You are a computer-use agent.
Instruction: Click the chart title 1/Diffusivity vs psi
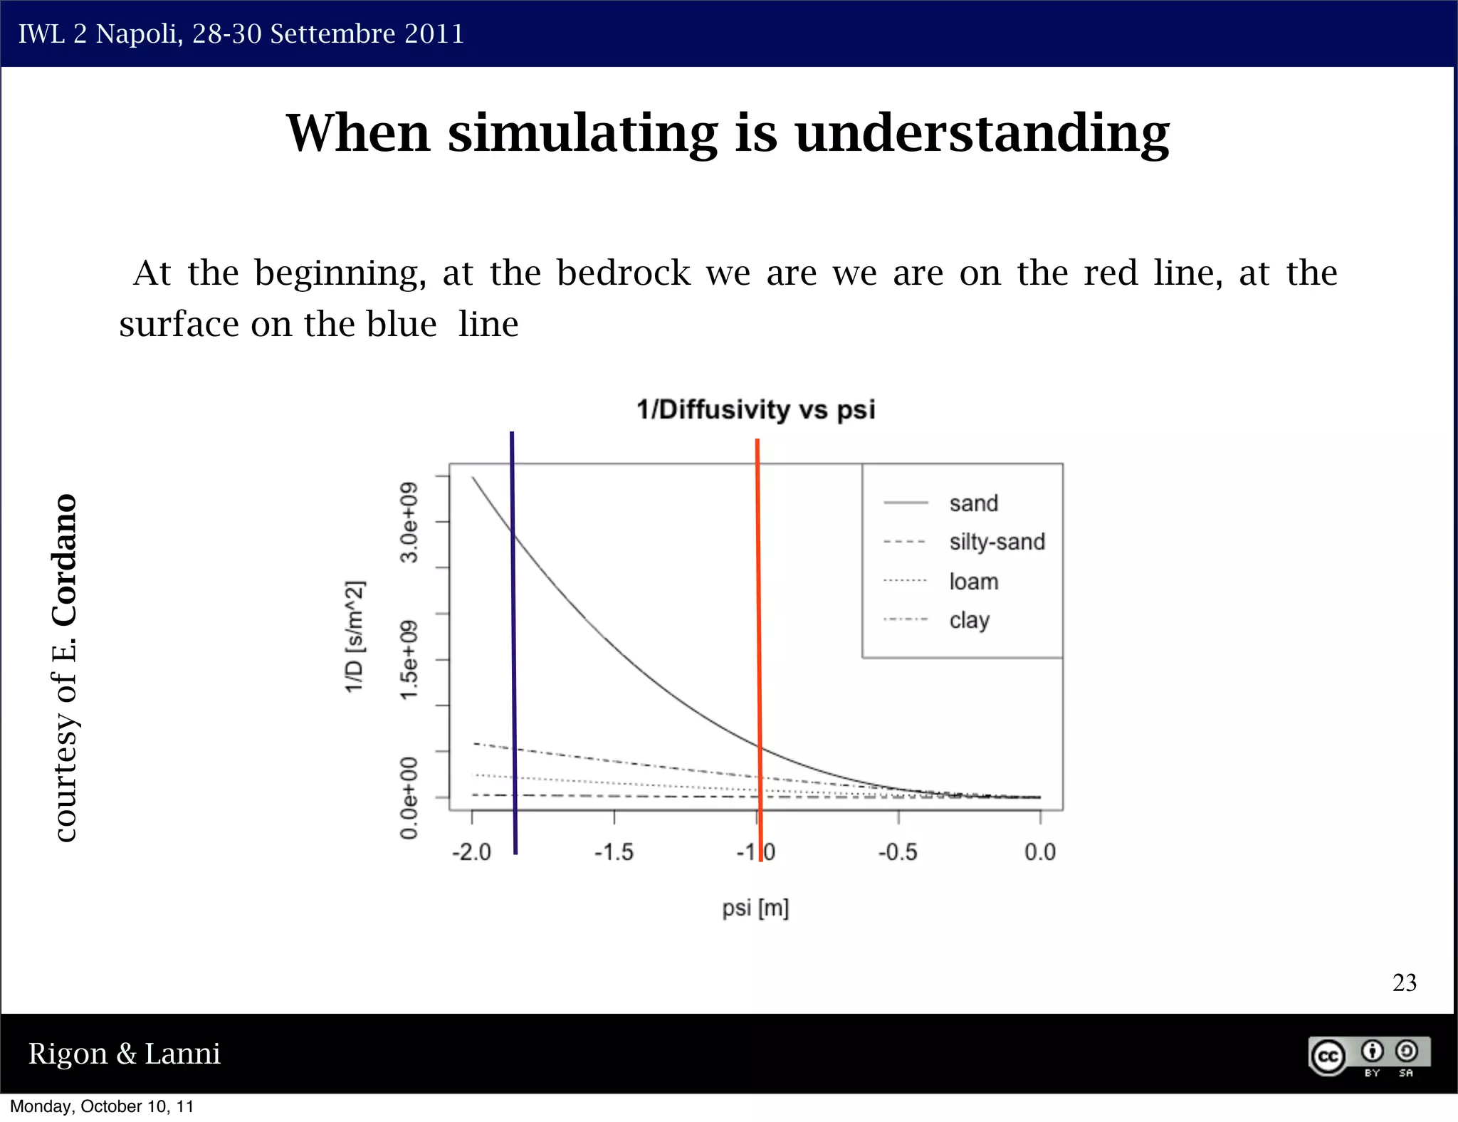[755, 410]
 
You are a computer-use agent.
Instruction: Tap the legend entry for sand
[973, 503]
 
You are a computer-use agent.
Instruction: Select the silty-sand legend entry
[997, 542]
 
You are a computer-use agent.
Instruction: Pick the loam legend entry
[973, 582]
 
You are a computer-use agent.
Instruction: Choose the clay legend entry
[969, 620]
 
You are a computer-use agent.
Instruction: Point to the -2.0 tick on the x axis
[471, 851]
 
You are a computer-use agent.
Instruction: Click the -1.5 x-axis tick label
[614, 851]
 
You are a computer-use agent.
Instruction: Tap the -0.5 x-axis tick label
[897, 851]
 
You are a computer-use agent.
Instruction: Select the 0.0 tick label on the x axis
[1039, 851]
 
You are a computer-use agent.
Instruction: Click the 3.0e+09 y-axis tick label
[409, 522]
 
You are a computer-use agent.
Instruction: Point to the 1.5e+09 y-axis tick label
[409, 660]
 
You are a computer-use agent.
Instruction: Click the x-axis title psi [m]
[755, 908]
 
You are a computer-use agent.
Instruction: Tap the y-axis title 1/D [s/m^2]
[355, 636]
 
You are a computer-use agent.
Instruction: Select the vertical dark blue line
[513, 641]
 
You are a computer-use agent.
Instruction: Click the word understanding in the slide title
[982, 134]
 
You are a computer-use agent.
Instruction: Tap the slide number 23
[1404, 982]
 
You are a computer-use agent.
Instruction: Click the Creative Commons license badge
[1369, 1056]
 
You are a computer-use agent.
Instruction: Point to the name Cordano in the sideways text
[65, 560]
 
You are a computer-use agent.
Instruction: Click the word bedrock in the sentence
[623, 273]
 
